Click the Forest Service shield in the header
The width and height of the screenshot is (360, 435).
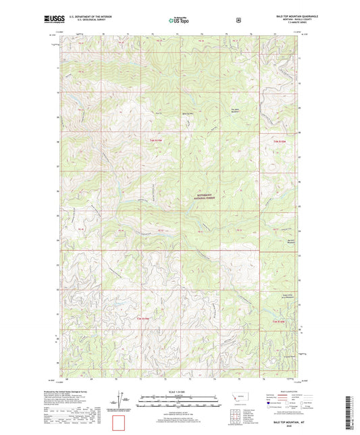pyautogui.click(x=238, y=20)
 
